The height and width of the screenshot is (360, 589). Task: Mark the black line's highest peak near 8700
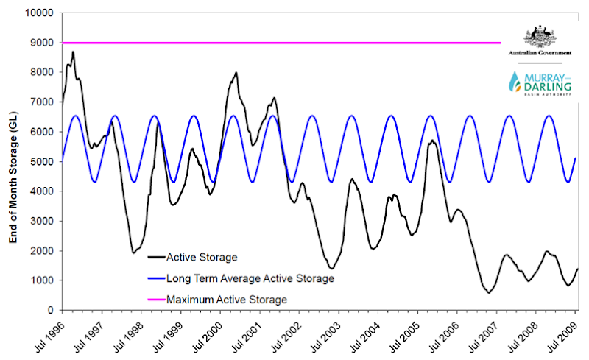[x=73, y=52]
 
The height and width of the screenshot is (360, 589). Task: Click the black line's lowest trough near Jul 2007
[x=488, y=292]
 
